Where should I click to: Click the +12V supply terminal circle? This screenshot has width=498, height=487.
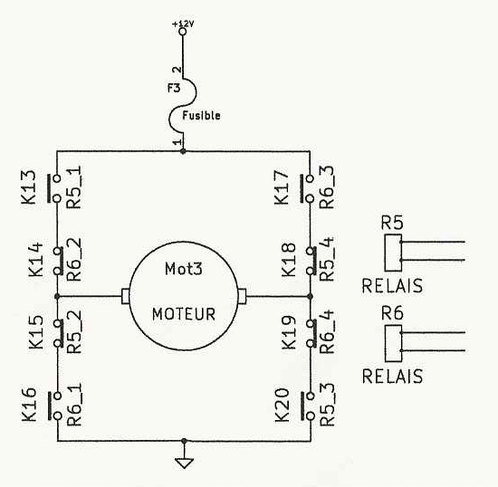(182, 32)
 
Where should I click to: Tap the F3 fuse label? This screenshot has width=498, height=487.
(174, 88)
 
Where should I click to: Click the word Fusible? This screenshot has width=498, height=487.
(201, 115)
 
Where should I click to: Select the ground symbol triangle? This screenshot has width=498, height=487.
(184, 463)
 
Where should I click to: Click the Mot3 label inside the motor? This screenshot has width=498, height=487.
(184, 269)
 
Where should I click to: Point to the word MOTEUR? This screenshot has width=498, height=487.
(184, 314)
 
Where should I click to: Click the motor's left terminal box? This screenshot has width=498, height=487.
(125, 296)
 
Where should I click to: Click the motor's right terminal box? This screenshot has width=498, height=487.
(242, 296)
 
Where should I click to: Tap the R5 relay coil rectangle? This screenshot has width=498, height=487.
(393, 253)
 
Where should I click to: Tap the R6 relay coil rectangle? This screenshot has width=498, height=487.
(393, 343)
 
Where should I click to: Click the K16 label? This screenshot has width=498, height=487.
(29, 405)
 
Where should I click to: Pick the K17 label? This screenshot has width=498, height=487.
(282, 187)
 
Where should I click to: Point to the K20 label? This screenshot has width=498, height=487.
(282, 406)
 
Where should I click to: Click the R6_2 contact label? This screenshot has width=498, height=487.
(74, 260)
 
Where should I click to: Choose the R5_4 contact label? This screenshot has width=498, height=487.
(327, 259)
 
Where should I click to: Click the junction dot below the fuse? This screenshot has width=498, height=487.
(183, 151)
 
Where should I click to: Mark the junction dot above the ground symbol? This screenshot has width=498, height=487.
(184, 441)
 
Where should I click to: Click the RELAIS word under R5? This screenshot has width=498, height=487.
(392, 286)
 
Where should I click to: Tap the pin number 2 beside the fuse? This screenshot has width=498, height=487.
(177, 70)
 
